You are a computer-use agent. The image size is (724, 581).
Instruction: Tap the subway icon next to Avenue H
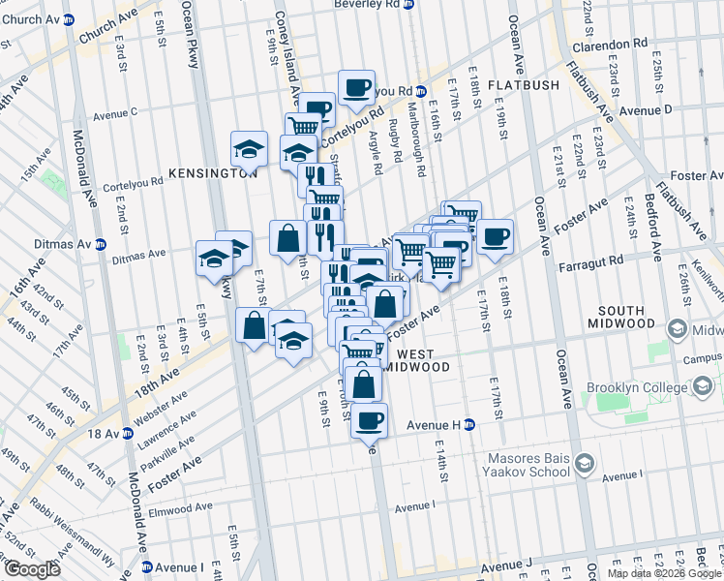pyautogui.click(x=469, y=424)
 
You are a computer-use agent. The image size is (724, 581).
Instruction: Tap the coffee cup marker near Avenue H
pyautogui.click(x=368, y=421)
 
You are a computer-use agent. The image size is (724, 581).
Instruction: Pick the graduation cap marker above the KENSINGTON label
pyautogui.click(x=249, y=149)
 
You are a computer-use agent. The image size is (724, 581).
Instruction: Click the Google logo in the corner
pyautogui.click(x=32, y=568)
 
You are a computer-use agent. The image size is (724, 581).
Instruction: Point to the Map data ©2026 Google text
pyautogui.click(x=664, y=573)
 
